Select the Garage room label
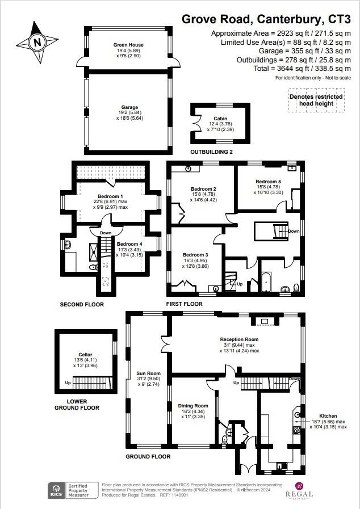[129, 107]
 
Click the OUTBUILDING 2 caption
[212, 153]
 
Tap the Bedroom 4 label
[129, 244]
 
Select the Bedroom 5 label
[267, 182]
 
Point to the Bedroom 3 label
[195, 255]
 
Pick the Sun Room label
[145, 375]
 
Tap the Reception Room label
[239, 340]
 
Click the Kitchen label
[328, 416]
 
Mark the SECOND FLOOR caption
[82, 305]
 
